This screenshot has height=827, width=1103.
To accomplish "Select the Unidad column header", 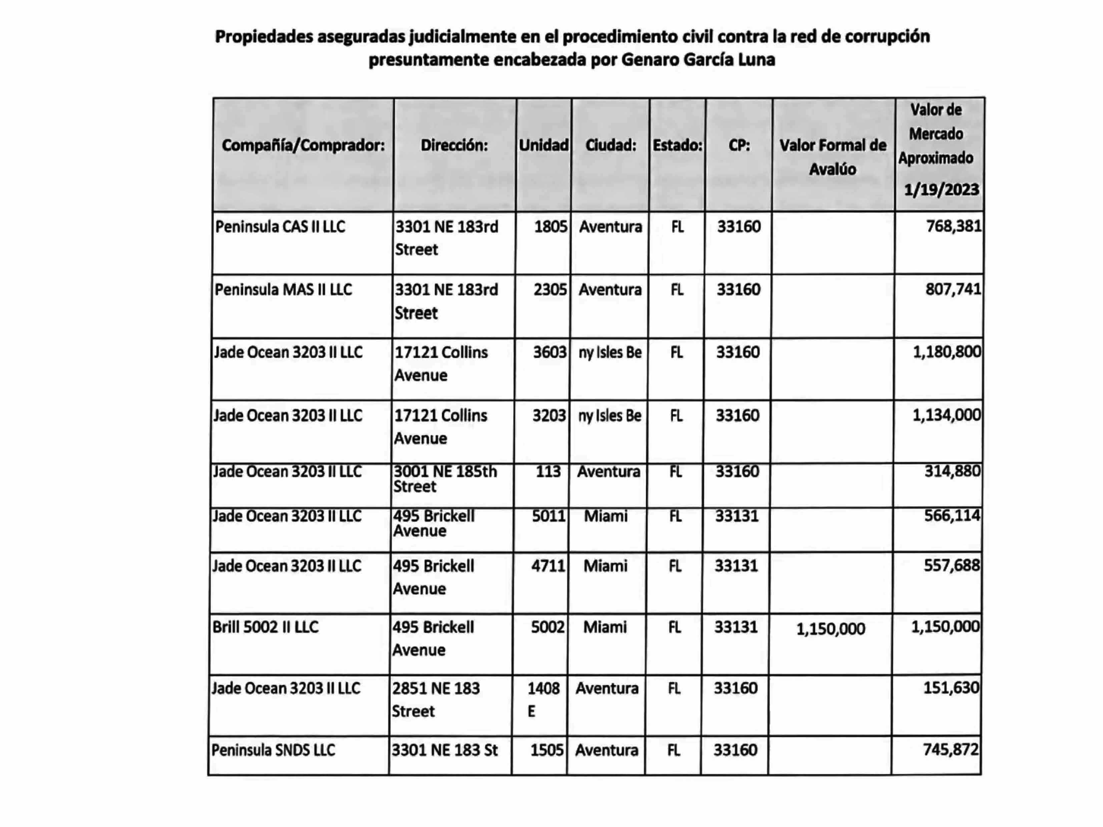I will pyautogui.click(x=544, y=146).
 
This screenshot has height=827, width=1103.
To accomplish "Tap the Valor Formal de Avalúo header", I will pyautogui.click(x=833, y=157).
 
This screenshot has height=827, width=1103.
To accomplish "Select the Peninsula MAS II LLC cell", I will pyautogui.click(x=283, y=290).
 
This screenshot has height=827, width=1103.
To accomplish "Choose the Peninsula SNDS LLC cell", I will pyautogui.click(x=273, y=750).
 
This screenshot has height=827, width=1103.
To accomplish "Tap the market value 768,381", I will pyautogui.click(x=953, y=227).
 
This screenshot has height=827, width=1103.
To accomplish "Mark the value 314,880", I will pyautogui.click(x=953, y=471).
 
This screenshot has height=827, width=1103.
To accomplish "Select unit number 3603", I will pyautogui.click(x=550, y=352).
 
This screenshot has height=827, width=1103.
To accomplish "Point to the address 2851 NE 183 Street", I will pyautogui.click(x=435, y=699).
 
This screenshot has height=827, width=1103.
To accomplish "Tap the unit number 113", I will pyautogui.click(x=548, y=472).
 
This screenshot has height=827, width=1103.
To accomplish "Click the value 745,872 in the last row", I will pyautogui.click(x=951, y=750).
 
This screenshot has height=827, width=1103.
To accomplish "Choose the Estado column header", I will pyautogui.click(x=677, y=146).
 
